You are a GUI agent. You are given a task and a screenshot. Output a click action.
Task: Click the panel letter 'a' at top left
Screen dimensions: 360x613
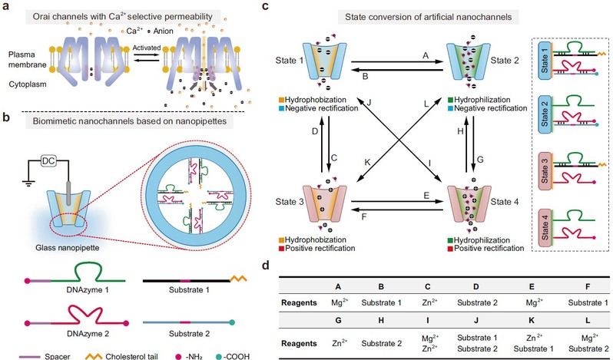[x=6, y=8]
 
